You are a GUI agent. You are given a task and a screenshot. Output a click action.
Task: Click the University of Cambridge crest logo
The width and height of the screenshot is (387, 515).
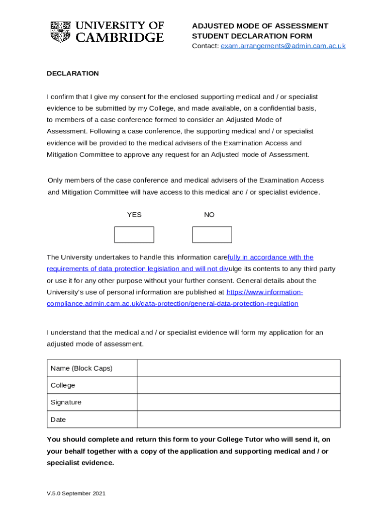coord(60,32)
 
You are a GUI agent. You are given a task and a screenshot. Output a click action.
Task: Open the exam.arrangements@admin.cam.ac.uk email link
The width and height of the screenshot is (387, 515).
coord(283,46)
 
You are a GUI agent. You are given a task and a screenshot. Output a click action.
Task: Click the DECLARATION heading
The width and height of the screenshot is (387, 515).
coord(73,73)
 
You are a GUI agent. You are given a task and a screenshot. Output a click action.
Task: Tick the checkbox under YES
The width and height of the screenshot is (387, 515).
coord(134,235)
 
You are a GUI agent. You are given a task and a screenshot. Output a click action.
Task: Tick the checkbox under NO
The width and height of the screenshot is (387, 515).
coord(212,235)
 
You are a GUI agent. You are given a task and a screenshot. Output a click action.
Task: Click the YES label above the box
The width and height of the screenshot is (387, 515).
coord(134,215)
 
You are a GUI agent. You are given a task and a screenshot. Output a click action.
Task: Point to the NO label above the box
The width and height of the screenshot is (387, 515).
coord(209,215)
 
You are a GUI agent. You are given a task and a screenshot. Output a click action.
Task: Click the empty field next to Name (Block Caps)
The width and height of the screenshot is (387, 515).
coord(238,368)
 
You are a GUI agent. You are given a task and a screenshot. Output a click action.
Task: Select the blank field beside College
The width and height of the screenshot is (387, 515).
coord(238,385)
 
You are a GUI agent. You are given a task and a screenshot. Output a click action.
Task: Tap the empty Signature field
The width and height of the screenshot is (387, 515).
coord(238,402)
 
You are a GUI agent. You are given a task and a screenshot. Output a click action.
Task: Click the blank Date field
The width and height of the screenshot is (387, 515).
coord(238,419)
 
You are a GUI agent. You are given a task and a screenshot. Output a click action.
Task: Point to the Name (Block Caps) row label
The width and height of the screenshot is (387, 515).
coord(81,368)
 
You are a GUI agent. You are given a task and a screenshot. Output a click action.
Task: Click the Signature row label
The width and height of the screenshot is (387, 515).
coord(66,402)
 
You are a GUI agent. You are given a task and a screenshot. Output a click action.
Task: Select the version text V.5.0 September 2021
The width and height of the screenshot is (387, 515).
coord(76,494)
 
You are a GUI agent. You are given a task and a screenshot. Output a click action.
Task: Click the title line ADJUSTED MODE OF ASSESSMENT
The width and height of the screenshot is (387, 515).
coord(260,26)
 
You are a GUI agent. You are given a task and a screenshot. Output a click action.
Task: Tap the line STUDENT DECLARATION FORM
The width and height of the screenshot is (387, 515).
coord(252,36)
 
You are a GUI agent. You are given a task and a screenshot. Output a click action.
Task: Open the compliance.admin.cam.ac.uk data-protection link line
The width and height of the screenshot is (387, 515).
coord(172,304)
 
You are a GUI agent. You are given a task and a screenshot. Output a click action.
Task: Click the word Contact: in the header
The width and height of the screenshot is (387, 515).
coord(205,46)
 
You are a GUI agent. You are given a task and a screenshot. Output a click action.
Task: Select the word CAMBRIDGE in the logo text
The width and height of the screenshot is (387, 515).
coord(120,37)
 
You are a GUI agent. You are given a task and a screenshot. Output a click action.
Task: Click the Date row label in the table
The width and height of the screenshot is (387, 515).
coord(58,419)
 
